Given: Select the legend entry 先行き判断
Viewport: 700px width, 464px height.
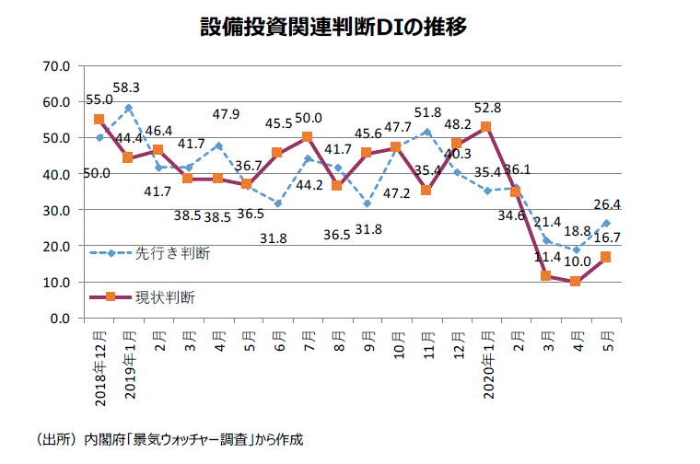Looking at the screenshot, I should pyautogui.click(x=173, y=253).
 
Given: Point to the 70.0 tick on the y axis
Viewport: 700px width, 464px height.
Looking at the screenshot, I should pyautogui.click(x=56, y=66).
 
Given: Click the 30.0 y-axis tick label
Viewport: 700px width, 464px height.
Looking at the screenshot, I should pyautogui.click(x=56, y=210).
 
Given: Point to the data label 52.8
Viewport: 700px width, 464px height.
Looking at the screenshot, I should pyautogui.click(x=486, y=108).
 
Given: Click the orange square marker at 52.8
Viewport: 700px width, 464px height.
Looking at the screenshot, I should pyautogui.click(x=486, y=127).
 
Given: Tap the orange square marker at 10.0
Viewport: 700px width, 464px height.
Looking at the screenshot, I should pyautogui.click(x=577, y=281).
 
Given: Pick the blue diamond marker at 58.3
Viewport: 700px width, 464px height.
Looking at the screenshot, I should pyautogui.click(x=129, y=108).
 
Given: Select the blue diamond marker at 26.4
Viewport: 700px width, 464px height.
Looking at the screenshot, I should pyautogui.click(x=606, y=223).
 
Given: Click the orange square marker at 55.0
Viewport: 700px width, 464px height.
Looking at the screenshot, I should pyautogui.click(x=99, y=120).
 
